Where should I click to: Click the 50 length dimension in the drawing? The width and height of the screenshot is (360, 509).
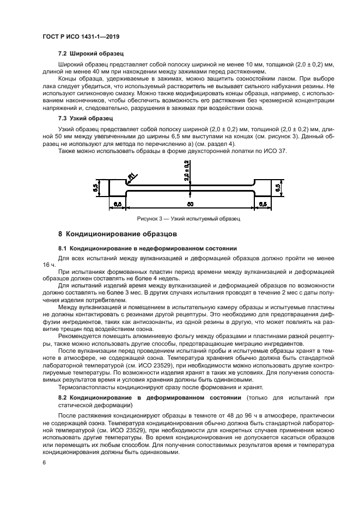190,205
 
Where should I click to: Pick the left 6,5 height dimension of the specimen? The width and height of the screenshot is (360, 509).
96,188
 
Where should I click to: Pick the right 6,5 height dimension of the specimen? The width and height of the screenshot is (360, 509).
278,188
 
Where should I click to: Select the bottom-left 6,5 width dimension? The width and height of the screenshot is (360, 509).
117,205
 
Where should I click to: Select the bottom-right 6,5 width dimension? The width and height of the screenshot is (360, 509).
262,205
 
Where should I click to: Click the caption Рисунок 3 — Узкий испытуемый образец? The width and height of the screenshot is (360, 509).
189,218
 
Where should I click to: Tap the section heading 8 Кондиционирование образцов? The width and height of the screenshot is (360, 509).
118,235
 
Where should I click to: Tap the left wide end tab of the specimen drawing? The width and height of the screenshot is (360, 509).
117,188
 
